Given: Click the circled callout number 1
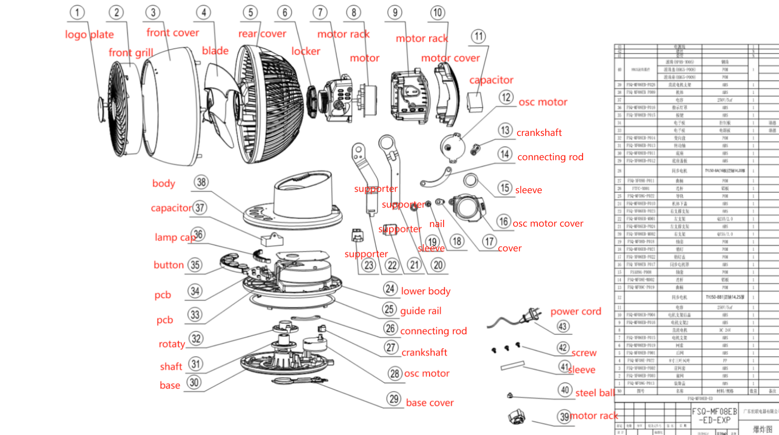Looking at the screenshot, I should pyautogui.click(x=77, y=12).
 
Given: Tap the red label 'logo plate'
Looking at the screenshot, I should pyautogui.click(x=89, y=34).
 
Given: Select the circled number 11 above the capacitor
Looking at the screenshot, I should pyautogui.click(x=478, y=36).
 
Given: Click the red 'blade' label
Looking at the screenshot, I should pyautogui.click(x=215, y=51).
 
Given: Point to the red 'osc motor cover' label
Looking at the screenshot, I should pyautogui.click(x=548, y=224).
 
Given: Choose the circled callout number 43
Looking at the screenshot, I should pyautogui.click(x=563, y=326).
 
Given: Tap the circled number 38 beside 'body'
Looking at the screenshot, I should pyautogui.click(x=201, y=182).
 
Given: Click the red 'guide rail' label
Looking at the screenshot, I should pyautogui.click(x=421, y=311).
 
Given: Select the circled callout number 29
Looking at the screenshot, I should pyautogui.click(x=394, y=399).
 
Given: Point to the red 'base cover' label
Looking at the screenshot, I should pyautogui.click(x=430, y=403).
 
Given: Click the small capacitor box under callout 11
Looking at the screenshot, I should pyautogui.click(x=474, y=102).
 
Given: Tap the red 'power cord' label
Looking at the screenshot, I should pyautogui.click(x=576, y=311).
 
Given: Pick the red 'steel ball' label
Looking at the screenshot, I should pyautogui.click(x=595, y=393).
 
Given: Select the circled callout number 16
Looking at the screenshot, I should pyautogui.click(x=504, y=222).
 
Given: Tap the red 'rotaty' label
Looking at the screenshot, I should pyautogui.click(x=172, y=344).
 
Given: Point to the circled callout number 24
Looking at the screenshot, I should pyautogui.click(x=390, y=289).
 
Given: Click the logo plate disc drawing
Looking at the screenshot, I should pyautogui.click(x=102, y=108).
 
